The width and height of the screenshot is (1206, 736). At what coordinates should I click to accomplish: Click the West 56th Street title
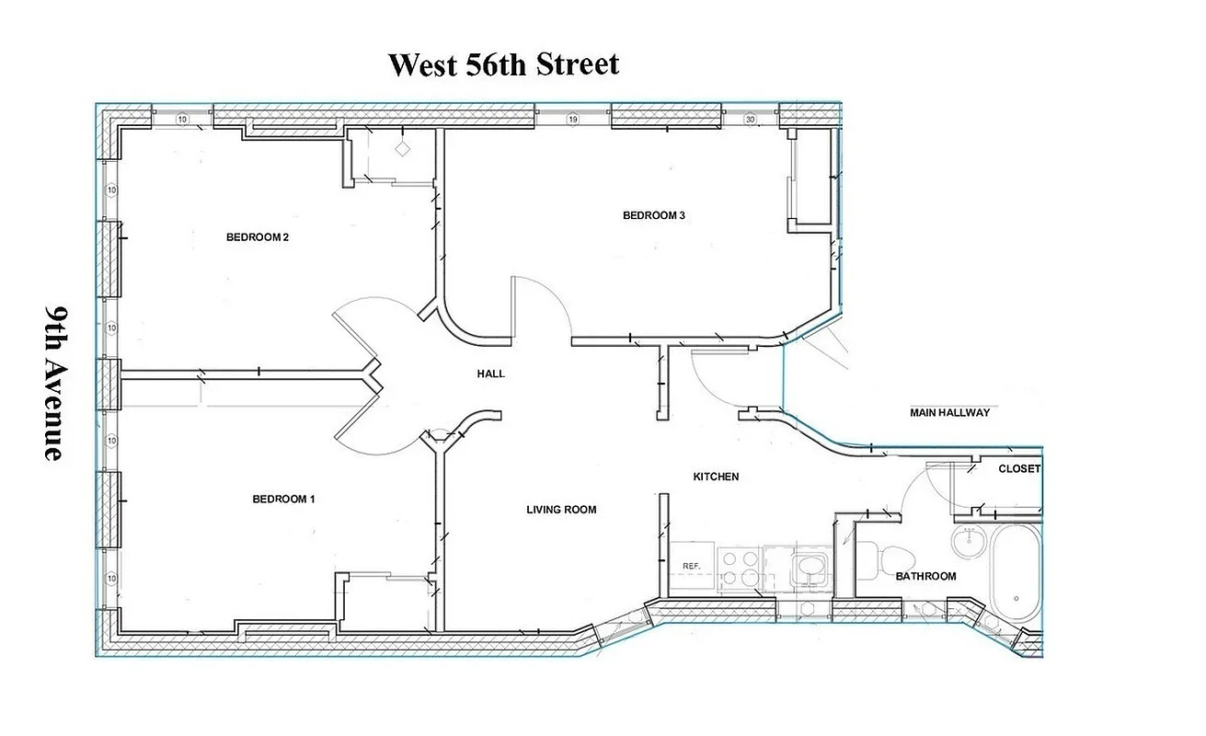pos(503,65)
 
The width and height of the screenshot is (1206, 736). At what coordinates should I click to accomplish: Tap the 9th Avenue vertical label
pos(54,383)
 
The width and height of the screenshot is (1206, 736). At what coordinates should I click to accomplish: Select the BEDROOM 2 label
pos(258,237)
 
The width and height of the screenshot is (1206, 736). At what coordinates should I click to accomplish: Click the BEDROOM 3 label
pos(654,215)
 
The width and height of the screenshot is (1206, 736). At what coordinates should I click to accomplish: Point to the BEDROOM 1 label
pos(283,500)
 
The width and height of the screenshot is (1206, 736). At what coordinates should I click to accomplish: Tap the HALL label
pos(490,374)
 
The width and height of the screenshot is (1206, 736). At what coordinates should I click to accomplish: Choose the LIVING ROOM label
pos(561,510)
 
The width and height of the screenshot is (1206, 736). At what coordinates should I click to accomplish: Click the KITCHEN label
pos(716,477)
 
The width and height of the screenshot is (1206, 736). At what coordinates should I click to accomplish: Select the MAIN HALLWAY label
pos(949,413)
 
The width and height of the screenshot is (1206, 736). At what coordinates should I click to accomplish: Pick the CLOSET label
pos(1019,469)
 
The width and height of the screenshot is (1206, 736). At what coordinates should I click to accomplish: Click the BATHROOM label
pos(926,577)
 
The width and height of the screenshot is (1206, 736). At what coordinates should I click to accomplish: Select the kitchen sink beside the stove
pos(809,567)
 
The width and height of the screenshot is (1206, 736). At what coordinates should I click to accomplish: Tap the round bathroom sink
pos(968,545)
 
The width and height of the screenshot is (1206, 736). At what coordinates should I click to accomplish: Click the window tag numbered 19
pos(572,120)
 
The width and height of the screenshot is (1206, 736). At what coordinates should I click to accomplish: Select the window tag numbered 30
pos(750,120)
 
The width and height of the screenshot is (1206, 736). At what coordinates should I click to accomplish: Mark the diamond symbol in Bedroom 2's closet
pos(402,147)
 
